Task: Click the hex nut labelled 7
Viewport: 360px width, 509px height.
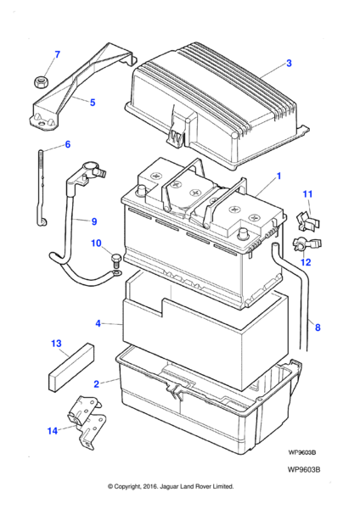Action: coord(42,81)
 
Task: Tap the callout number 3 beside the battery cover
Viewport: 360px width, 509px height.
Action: coord(289,63)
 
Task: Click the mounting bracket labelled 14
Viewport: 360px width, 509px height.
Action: coord(87,422)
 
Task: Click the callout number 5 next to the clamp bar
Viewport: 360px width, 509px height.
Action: coord(93,103)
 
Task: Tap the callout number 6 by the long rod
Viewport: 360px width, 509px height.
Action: coord(68,144)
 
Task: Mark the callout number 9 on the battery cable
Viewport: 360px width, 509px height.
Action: coord(94,221)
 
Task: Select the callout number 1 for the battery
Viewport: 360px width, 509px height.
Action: coord(278,176)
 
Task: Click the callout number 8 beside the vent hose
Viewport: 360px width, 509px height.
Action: coord(318,327)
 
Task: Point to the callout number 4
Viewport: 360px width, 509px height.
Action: coord(98,323)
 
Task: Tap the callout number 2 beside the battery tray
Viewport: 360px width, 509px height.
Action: coord(96,384)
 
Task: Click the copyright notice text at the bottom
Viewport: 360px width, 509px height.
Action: coord(171,487)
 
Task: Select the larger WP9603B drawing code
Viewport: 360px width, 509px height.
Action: coord(304,470)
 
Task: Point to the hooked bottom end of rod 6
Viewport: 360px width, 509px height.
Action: coord(42,222)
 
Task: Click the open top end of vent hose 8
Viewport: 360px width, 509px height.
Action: coord(276,243)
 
